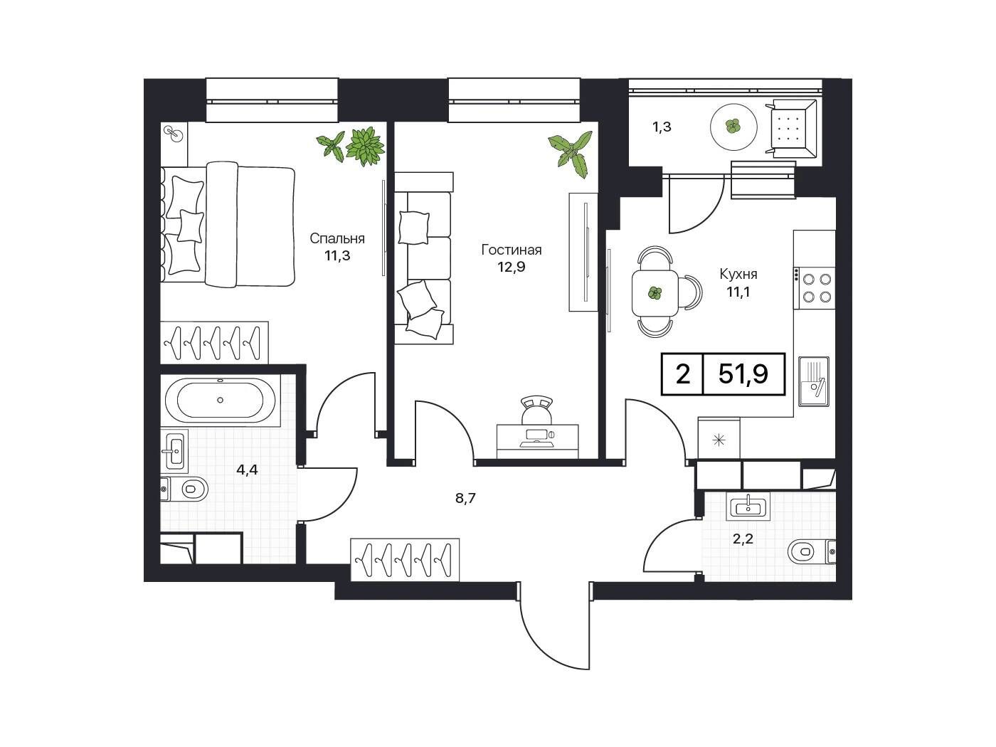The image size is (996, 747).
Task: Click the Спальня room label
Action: click(337, 238)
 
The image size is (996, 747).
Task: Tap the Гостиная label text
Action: click(512, 250)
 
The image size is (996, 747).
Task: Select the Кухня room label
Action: click(738, 275)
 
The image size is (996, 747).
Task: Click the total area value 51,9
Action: click(743, 375)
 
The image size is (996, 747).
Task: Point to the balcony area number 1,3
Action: click(662, 127)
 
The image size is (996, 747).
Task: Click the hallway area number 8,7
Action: click(465, 499)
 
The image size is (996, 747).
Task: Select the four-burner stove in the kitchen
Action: click(814, 288)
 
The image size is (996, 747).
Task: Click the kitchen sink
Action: click(814, 381)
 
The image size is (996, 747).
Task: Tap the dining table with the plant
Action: click(655, 293)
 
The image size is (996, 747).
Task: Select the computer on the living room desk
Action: click(537, 438)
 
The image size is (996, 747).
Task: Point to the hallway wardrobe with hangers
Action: click(405, 559)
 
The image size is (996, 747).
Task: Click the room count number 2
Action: click(682, 375)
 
